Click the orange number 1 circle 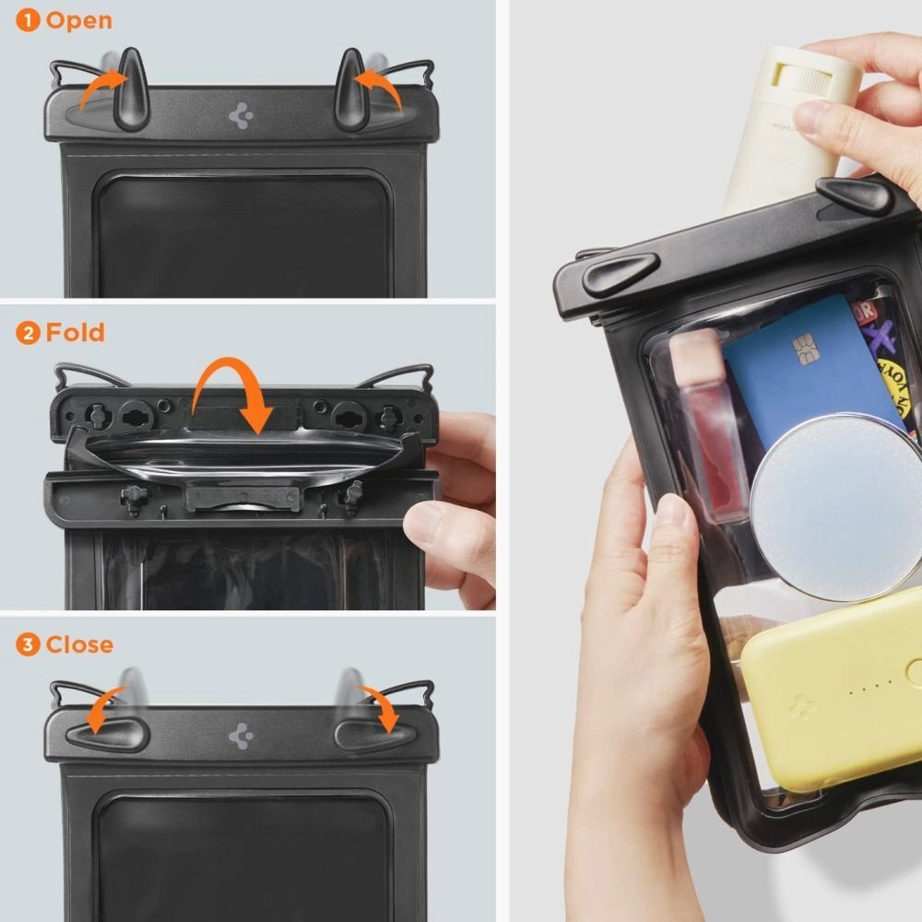click(x=28, y=20)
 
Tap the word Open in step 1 click(x=79, y=20)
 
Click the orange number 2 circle click(x=28, y=333)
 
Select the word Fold click(x=76, y=332)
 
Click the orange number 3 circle click(x=28, y=644)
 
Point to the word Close click(x=80, y=644)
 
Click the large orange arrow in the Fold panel click(x=230, y=387)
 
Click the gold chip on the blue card click(x=804, y=349)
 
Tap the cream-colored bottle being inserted click(x=784, y=129)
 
